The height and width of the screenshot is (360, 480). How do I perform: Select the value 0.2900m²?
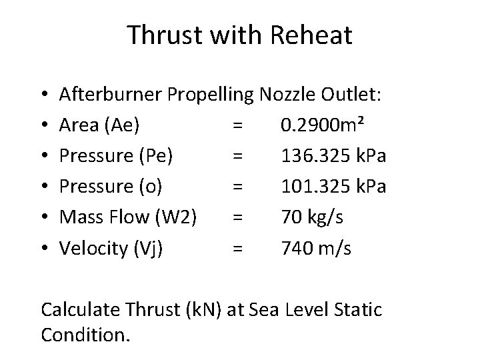(323, 124)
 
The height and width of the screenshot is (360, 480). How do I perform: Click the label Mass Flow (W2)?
(127, 217)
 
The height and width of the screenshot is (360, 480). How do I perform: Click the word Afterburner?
(110, 93)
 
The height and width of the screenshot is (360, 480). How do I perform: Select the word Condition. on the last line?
(86, 334)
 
